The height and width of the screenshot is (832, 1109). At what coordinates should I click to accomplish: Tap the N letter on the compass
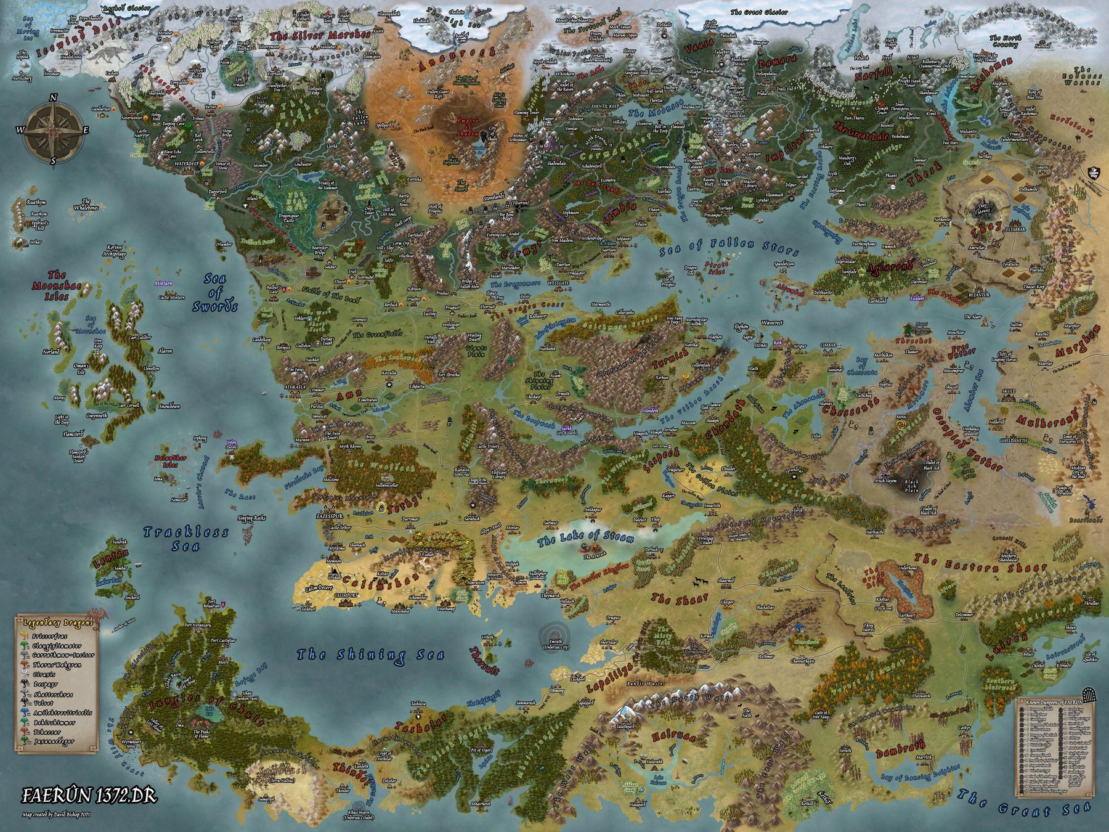coord(54,98)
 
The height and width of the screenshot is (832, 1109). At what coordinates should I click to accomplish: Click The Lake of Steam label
coord(585,539)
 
